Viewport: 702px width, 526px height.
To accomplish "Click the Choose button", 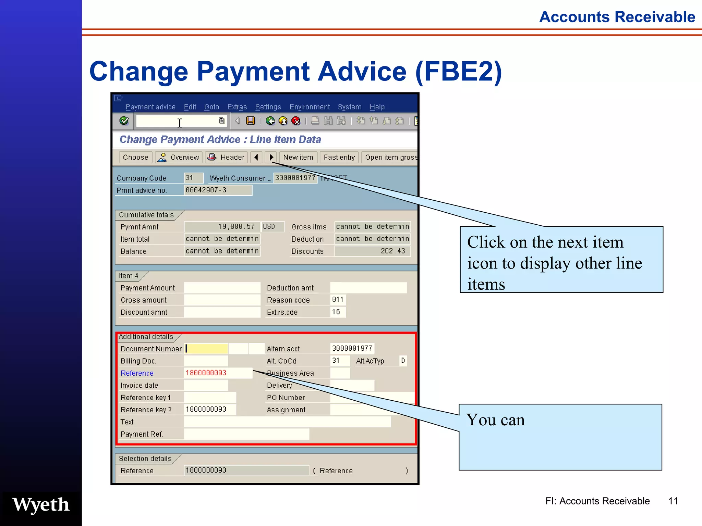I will click(135, 157).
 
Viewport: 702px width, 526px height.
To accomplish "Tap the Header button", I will click(227, 157).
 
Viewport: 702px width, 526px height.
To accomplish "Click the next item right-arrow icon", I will click(271, 157).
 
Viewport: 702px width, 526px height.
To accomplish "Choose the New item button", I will click(298, 157).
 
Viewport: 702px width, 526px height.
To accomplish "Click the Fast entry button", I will click(339, 157).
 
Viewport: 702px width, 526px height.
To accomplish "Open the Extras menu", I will click(237, 107).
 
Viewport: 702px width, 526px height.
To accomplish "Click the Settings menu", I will click(268, 107).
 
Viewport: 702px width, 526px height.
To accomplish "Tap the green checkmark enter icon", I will click(124, 121).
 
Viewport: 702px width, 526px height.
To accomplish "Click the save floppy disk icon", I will click(251, 121).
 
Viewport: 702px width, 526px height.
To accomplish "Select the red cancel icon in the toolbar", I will click(295, 121).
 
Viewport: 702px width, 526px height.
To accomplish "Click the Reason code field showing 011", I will click(338, 300).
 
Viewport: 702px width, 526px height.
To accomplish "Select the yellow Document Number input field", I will click(206, 349).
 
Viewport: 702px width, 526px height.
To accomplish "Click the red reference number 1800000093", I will click(206, 373).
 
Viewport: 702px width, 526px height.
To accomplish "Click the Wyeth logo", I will click(41, 504).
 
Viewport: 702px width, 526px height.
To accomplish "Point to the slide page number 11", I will click(673, 501).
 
